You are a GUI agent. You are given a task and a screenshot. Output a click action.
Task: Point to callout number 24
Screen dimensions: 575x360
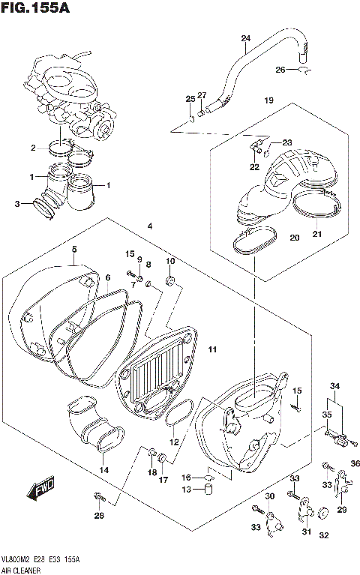pos(245,38)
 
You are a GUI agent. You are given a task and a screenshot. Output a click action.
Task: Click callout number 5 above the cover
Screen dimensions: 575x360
pos(74,249)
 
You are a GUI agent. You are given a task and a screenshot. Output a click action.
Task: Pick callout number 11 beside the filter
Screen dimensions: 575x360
pos(212,349)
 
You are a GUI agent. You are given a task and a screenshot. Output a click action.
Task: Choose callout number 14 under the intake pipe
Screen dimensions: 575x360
pos(103,470)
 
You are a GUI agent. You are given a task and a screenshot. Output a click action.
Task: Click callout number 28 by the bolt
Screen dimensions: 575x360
pos(99,515)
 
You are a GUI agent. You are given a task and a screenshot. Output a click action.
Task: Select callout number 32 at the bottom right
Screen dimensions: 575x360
pos(324,535)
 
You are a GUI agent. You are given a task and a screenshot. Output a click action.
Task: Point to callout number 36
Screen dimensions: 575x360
pos(355,463)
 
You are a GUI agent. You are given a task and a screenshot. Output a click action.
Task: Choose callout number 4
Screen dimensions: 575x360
pos(150,226)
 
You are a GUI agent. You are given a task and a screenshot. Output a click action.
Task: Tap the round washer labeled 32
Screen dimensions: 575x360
pos(324,514)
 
